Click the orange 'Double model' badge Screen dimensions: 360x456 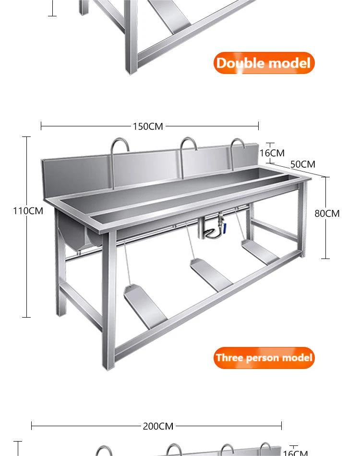tap(264, 63)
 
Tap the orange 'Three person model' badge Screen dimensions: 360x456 tap(264, 357)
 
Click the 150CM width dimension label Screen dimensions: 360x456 tap(148, 126)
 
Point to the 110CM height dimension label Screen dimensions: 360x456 tap(28, 211)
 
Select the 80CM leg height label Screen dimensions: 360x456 tap(327, 213)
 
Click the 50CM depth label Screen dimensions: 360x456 tap(303, 164)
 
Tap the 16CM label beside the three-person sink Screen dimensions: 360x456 tap(272, 153)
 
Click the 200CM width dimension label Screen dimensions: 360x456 tap(158, 426)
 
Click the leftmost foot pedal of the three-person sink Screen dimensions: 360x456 tap(145, 306)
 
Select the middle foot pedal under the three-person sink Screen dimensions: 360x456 tap(211, 275)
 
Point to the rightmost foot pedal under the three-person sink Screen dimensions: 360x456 tap(260, 252)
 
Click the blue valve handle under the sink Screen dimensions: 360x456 tap(224, 226)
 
